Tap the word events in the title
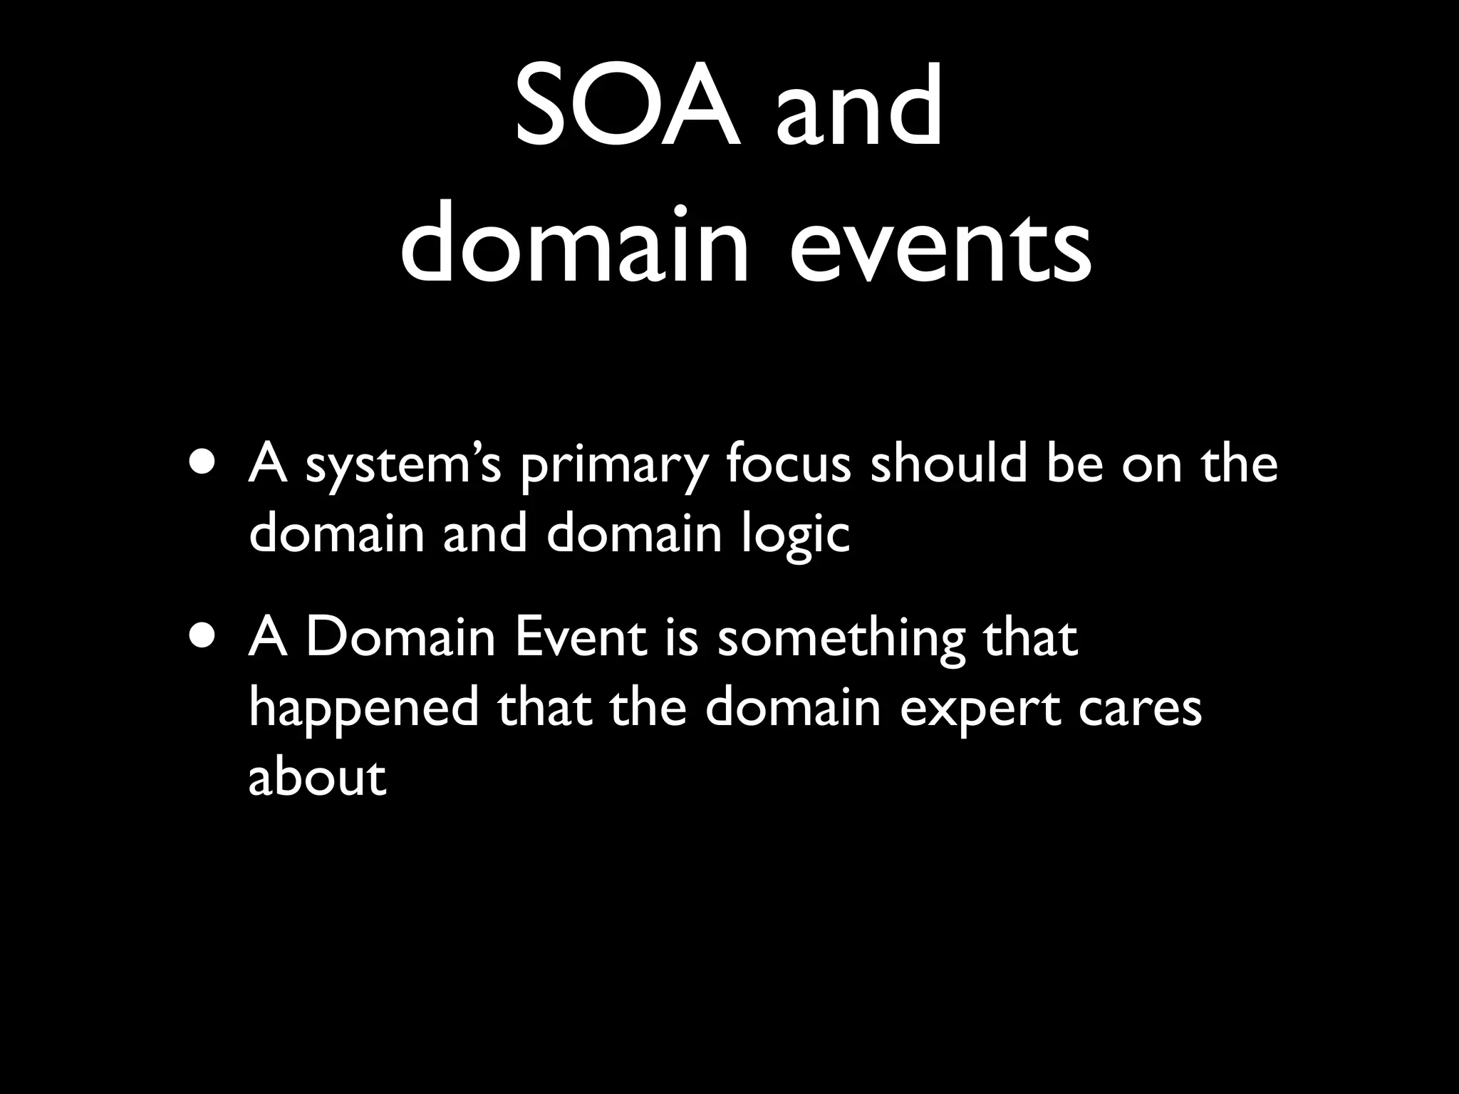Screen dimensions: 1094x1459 point(940,246)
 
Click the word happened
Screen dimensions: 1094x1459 point(364,709)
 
